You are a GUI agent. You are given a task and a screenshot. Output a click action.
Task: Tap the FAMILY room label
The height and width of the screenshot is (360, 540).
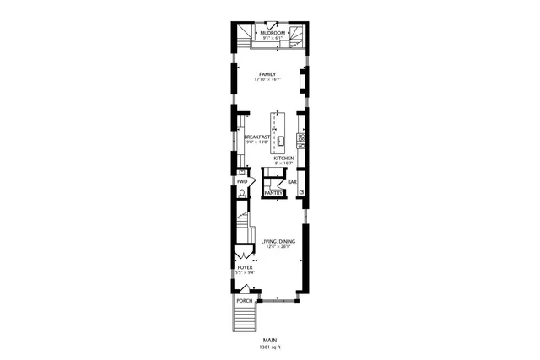coord(268,74)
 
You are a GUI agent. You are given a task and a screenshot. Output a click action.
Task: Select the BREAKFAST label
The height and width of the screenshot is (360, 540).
coord(257,137)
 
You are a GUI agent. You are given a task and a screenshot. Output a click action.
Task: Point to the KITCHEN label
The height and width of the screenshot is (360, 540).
coord(283,158)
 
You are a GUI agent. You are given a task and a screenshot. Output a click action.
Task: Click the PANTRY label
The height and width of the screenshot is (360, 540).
coord(274,193)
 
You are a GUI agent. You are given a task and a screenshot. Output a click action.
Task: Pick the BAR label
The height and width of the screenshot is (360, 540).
coord(293,182)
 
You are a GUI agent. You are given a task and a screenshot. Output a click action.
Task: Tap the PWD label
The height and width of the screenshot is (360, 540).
coord(242,181)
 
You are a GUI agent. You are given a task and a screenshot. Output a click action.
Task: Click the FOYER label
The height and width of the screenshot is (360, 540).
coord(245,267)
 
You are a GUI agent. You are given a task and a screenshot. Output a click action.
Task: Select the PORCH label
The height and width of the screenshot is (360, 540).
coord(245,301)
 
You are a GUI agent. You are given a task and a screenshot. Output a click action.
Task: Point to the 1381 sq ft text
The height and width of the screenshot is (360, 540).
coord(270,347)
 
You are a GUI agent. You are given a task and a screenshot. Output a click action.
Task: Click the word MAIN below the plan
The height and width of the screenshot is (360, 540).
coord(270,341)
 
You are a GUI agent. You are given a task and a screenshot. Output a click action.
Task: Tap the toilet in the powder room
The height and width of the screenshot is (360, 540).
coord(242,193)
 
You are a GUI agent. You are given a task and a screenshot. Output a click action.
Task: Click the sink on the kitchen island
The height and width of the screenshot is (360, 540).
coord(282,140)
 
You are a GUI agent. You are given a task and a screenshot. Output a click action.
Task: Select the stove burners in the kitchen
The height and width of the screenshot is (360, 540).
coord(301,135)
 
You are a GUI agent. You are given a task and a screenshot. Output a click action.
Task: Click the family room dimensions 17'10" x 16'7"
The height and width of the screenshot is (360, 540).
coord(268,80)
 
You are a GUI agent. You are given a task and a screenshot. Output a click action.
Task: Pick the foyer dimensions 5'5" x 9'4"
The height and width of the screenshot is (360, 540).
coord(245,273)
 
